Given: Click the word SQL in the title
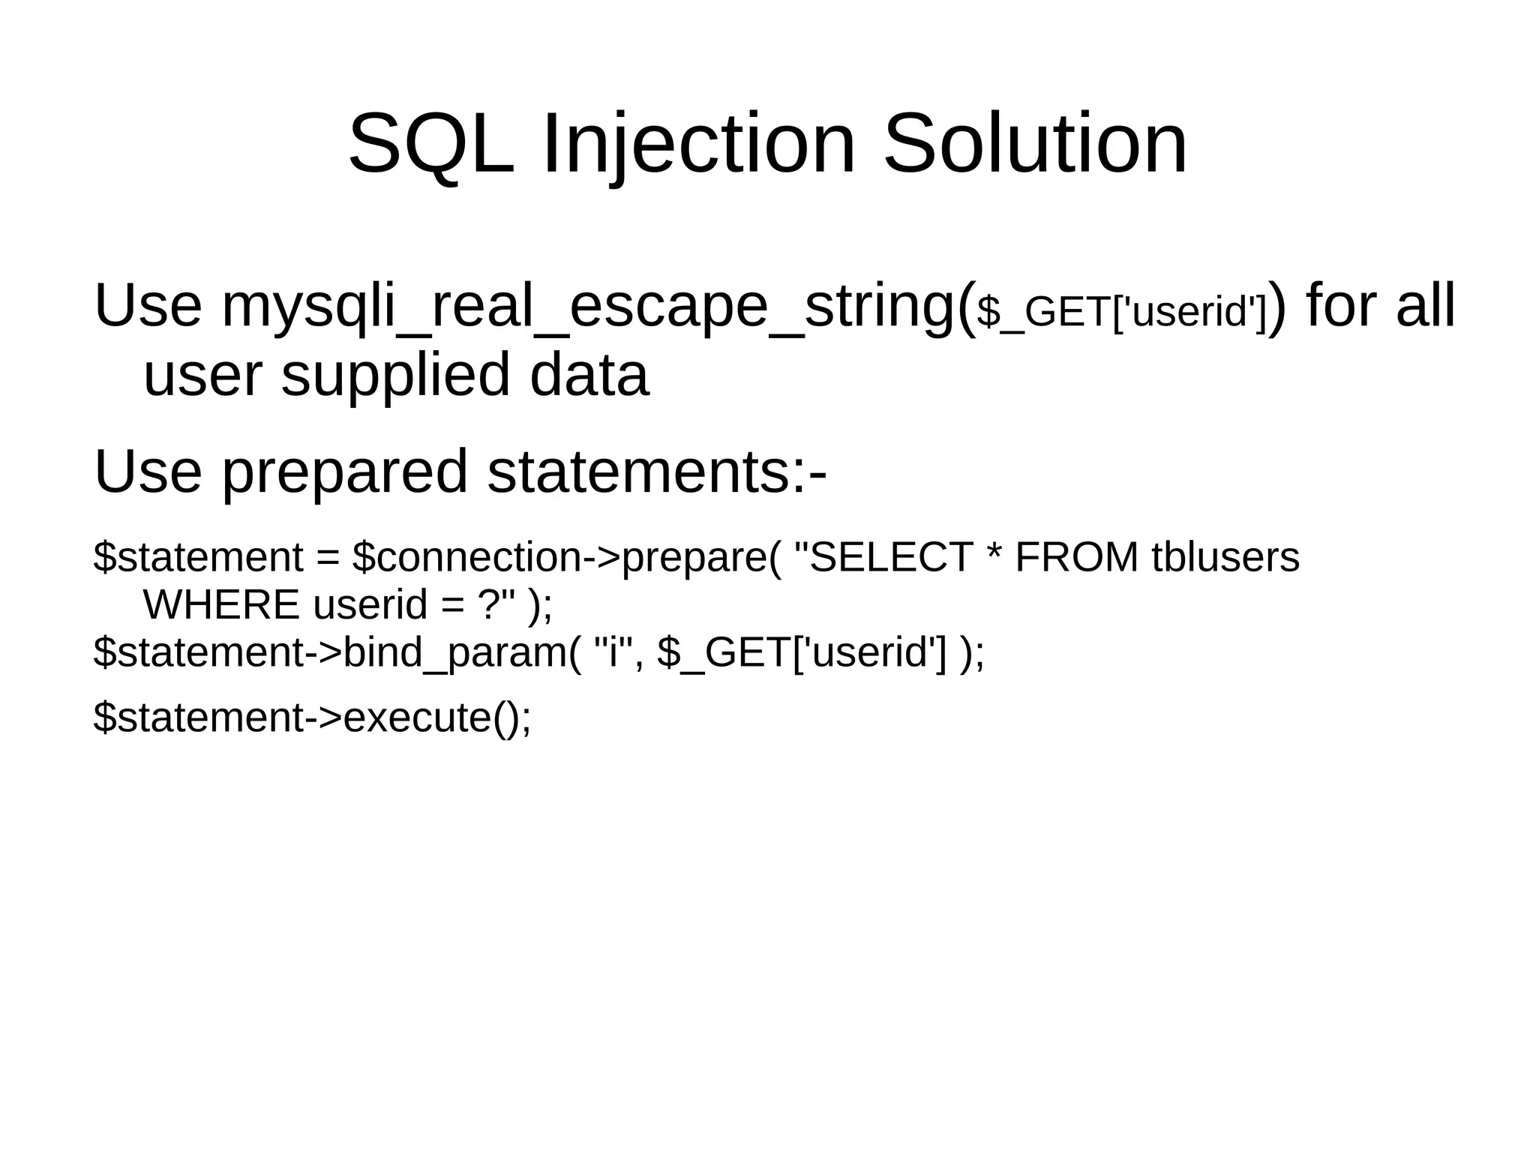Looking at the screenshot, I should pos(431,144).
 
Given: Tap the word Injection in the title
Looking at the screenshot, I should pos(697,144).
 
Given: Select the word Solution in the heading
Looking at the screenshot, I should pos(1035,144).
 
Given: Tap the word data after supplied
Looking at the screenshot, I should pos(589,375).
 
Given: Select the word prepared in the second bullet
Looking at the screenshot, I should pos(345,472).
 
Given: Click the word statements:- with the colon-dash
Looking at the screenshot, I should pos(657,472).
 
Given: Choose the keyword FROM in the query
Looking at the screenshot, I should pos(1076,558).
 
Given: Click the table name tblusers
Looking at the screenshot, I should pos(1225,558).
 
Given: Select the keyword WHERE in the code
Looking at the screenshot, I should pos(221,605).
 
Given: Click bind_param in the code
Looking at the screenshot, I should pos(456,652).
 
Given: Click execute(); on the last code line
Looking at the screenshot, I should pos(437,718).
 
